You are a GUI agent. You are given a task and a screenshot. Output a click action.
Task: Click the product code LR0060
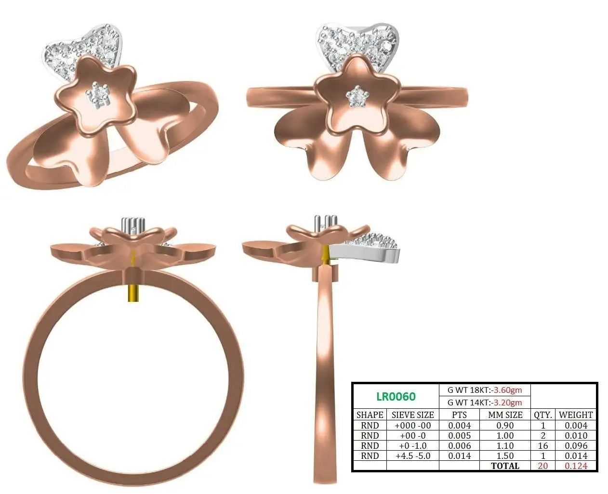pyautogui.click(x=396, y=396)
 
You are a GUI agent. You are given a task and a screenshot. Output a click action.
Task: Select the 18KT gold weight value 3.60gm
pyautogui.click(x=508, y=390)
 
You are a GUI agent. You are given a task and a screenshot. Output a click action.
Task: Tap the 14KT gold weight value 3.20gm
pyautogui.click(x=508, y=403)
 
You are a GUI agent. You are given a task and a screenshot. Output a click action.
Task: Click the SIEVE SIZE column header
pyautogui.click(x=413, y=415)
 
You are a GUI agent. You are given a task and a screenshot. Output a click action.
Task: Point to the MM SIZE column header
pyautogui.click(x=505, y=415)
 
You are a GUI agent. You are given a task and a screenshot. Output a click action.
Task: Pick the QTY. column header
pyautogui.click(x=543, y=415)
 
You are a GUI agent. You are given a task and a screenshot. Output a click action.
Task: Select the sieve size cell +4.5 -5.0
pyautogui.click(x=413, y=456)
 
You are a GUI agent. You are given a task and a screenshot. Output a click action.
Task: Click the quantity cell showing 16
pyautogui.click(x=543, y=445)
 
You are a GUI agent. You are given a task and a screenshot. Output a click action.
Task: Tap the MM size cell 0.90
pyautogui.click(x=505, y=425)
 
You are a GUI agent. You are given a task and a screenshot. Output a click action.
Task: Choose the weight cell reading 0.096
pyautogui.click(x=576, y=445)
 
